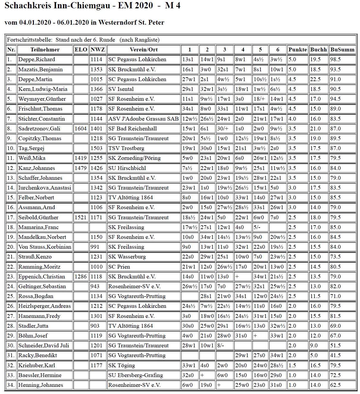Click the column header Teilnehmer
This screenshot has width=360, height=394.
[x=45, y=50]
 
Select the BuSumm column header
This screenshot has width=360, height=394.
[x=342, y=50]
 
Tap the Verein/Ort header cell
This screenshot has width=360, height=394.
[x=143, y=50]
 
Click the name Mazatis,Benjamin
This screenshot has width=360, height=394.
[x=40, y=70]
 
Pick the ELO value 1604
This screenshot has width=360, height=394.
[x=80, y=129]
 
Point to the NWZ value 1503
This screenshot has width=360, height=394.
[x=97, y=148]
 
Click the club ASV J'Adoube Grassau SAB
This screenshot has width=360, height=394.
[x=143, y=119]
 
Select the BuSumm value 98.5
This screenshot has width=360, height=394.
[x=335, y=59]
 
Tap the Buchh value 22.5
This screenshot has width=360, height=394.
[x=315, y=79]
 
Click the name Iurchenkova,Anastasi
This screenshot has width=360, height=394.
[x=45, y=188]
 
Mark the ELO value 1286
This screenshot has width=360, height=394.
[x=80, y=277]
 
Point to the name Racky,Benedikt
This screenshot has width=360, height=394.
[x=38, y=355]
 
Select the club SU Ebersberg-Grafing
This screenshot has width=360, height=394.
[x=135, y=375]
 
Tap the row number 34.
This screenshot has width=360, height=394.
[x=11, y=385]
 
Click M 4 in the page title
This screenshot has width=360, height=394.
[x=173, y=6]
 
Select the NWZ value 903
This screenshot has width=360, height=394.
[x=95, y=326]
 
